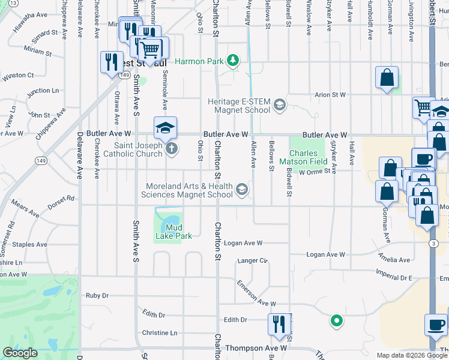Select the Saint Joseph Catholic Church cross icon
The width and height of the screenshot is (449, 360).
pos(171,149)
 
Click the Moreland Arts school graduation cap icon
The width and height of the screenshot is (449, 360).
pos(241,190)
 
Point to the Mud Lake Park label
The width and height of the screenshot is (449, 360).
pos(173,232)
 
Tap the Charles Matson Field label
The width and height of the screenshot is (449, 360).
pos(310,157)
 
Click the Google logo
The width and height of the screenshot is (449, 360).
pos(20,353)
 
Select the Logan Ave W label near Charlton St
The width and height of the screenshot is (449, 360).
pos(243,243)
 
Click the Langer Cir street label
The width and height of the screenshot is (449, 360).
pos(252,260)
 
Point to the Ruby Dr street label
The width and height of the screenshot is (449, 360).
pos(97,295)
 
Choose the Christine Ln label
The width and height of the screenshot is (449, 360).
pos(160,332)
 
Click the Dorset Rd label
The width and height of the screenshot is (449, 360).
pos(62,198)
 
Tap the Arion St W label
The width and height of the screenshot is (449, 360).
pos(331,95)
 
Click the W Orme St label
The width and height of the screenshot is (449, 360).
pos(315,172)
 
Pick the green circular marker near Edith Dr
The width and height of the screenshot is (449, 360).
pos(337,321)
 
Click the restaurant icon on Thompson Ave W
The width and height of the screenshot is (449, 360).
pos(279,324)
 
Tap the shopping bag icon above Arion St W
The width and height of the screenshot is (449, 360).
pos(387,78)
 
